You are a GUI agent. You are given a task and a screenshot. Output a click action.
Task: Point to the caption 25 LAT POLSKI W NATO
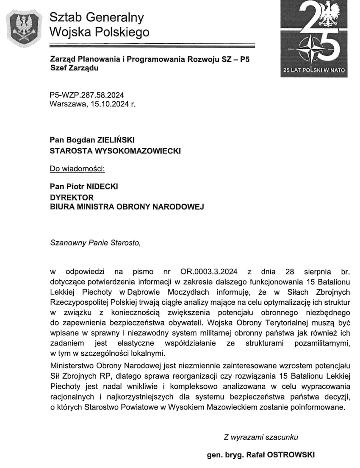coord(314,70)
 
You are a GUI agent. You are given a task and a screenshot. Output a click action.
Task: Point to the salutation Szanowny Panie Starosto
coord(94,243)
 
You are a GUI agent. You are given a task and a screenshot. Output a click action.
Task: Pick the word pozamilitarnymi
coord(321,343)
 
